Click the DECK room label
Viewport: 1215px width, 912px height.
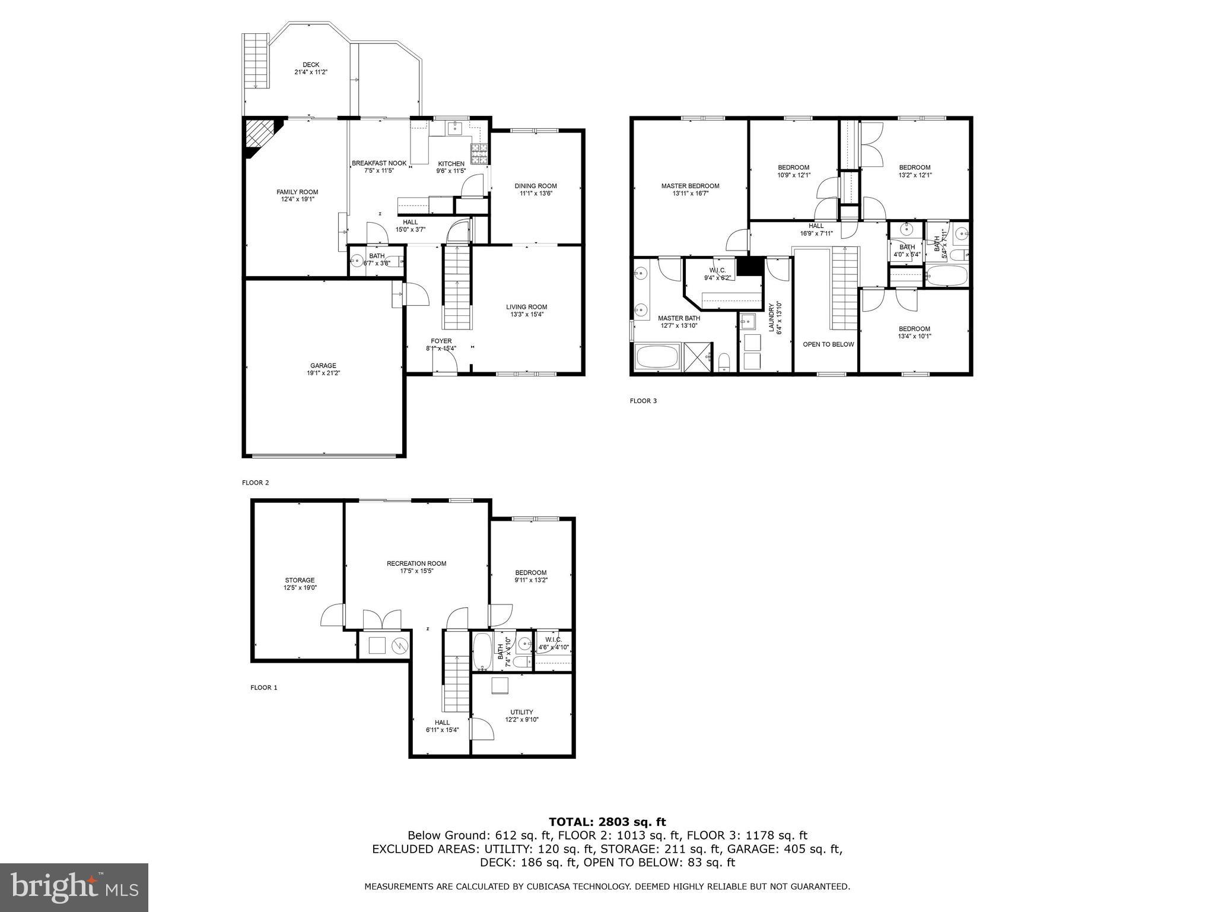[311, 65]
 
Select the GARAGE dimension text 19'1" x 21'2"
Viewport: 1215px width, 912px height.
[323, 373]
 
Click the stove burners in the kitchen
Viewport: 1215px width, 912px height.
[479, 154]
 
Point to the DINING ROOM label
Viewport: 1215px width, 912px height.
[535, 186]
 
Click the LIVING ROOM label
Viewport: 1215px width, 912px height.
[526, 307]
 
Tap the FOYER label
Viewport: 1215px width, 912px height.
[441, 341]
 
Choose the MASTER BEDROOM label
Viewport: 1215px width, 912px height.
[690, 186]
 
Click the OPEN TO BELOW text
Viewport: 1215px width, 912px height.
[828, 344]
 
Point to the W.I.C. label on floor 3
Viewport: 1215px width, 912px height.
[717, 270]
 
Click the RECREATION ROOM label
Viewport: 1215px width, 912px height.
[416, 563]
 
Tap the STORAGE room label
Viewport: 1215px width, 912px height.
[300, 580]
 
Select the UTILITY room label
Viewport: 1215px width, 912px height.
[521, 712]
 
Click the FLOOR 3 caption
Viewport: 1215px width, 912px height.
[643, 401]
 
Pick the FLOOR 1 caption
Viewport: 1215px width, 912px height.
[263, 688]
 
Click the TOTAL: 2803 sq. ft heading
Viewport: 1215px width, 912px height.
[607, 822]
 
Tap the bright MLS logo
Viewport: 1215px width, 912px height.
[74, 887]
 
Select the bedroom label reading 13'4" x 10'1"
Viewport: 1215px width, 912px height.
[914, 336]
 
